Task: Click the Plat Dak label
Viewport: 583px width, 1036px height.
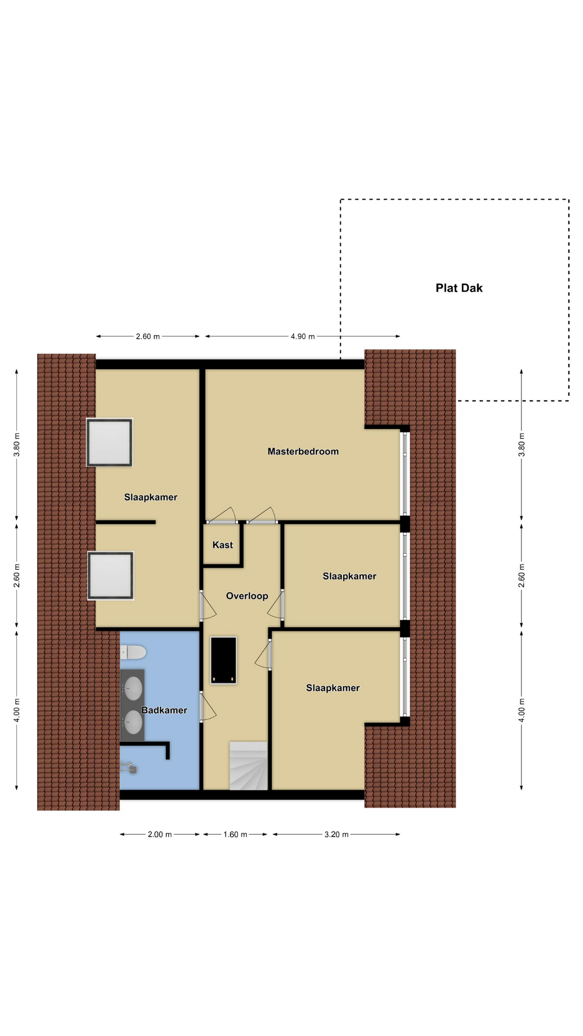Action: point(459,288)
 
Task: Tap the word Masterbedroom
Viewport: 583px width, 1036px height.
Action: point(303,452)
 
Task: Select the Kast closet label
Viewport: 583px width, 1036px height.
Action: point(222,545)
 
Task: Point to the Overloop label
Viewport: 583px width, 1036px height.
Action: point(247,596)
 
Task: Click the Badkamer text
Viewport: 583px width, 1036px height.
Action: point(164,710)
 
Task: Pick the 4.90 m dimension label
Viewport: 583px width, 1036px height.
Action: point(302,336)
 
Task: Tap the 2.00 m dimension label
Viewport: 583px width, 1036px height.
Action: point(159,834)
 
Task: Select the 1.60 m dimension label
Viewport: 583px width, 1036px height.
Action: point(235,834)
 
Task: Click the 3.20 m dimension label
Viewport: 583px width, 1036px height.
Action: point(336,834)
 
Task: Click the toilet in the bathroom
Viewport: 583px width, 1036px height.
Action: point(133,652)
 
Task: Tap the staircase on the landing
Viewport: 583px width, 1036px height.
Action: point(248,766)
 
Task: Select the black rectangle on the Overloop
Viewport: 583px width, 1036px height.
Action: point(223,660)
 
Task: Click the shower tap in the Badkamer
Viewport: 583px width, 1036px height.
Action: point(128,767)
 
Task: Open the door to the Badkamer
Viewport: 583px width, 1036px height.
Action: point(207,707)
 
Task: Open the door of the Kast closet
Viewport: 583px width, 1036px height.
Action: point(222,516)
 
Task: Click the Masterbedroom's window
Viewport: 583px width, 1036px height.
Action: point(405,473)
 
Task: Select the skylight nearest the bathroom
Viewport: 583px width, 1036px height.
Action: point(110,576)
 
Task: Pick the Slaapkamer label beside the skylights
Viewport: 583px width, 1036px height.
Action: point(151,497)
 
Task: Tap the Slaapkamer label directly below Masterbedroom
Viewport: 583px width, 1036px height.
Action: point(349,576)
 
